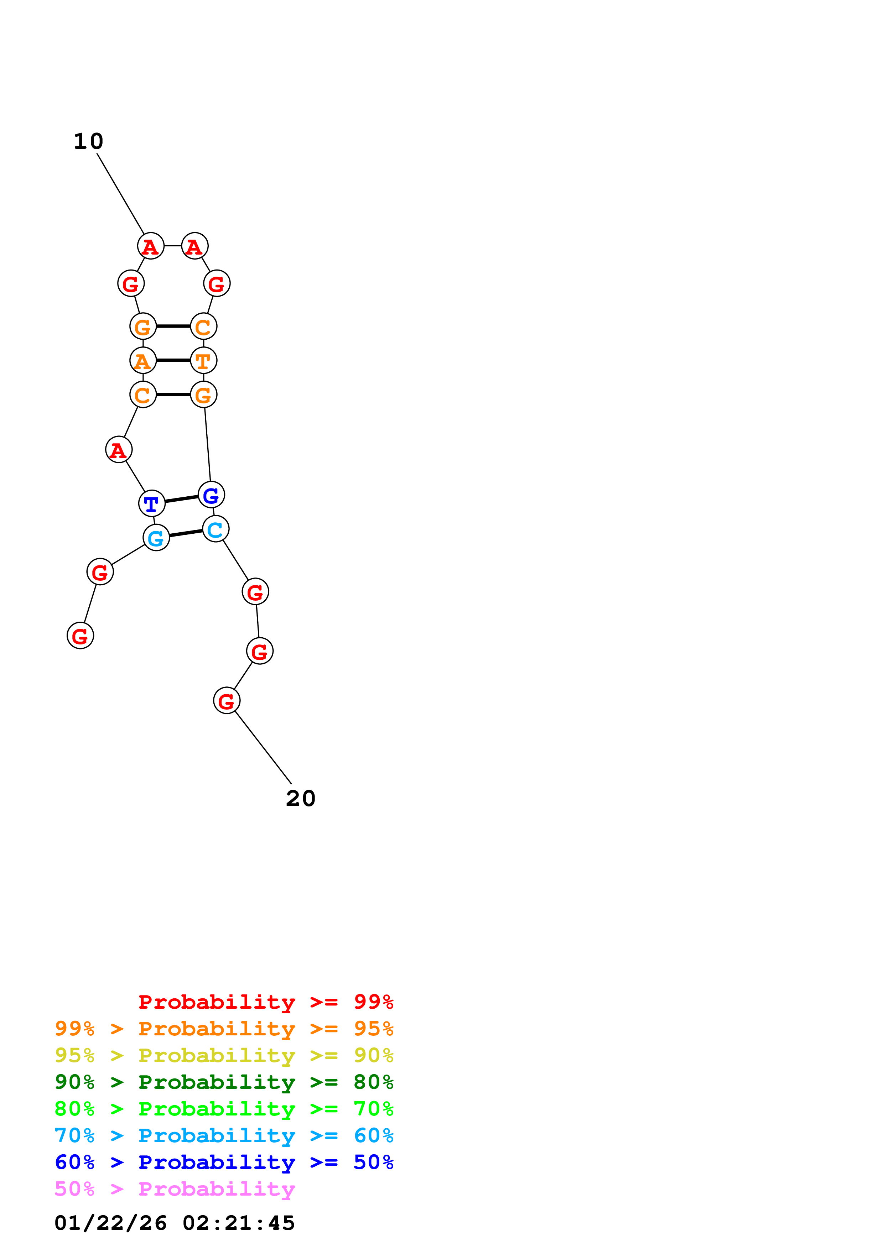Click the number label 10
coord(88,141)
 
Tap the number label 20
coord(300,799)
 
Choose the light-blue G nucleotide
coord(156,538)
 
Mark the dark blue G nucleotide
coord(211,495)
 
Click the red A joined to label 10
coord(151,246)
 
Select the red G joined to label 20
coord(226,701)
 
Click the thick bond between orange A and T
coord(173,360)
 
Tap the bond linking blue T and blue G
coord(181,499)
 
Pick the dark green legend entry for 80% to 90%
coord(224,1082)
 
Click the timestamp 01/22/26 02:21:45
coord(175,1223)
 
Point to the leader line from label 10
coord(120,194)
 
